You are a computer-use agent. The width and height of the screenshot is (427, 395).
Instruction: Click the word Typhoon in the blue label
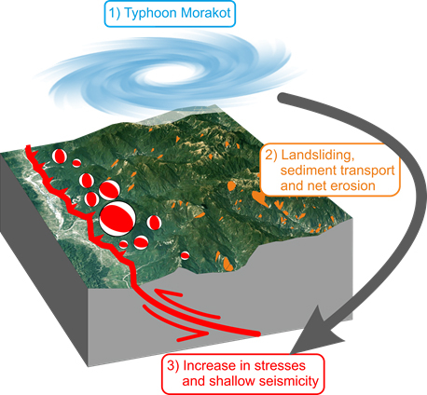point(151,14)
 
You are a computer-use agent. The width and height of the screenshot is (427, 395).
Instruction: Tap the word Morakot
point(206,13)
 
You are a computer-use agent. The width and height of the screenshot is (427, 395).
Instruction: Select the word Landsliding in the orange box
point(318,156)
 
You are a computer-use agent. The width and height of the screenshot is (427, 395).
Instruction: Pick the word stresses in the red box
point(280,366)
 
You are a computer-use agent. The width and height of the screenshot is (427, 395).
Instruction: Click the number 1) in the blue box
point(115,13)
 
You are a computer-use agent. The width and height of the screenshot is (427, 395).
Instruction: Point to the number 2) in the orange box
point(271,156)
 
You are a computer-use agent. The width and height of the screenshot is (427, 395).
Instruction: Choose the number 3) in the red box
point(173,366)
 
